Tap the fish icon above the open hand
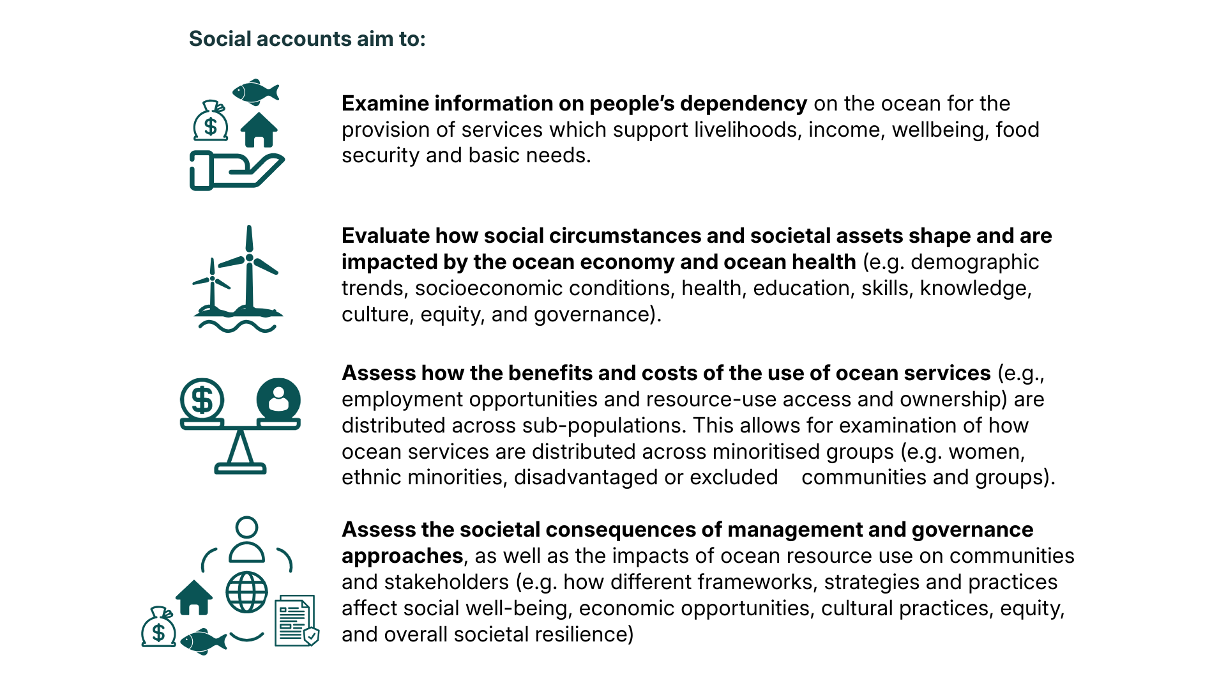click(x=255, y=92)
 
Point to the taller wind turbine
click(x=249, y=268)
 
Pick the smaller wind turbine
click(x=212, y=284)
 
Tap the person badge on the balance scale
click(x=278, y=400)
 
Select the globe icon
click(x=246, y=592)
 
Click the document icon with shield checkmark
click(x=296, y=621)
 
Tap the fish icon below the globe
click(x=203, y=641)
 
